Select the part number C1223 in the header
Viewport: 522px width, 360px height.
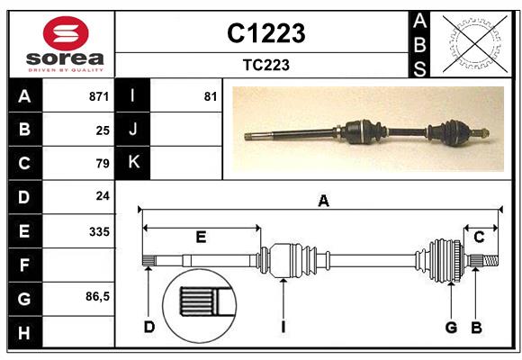265,33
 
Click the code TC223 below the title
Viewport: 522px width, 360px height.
265,65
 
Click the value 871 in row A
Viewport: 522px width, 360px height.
99,96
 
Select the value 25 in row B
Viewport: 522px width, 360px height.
103,130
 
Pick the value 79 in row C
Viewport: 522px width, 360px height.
103,164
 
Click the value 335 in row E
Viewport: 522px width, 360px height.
99,231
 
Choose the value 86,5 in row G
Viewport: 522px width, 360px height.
97,297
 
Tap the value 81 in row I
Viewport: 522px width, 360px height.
211,96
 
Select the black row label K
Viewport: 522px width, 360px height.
133,163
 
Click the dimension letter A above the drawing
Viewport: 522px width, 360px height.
323,202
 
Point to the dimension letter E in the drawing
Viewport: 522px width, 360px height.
201,237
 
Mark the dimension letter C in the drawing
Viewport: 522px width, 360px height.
479,237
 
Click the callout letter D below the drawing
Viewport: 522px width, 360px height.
149,327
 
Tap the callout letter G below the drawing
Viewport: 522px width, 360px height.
451,327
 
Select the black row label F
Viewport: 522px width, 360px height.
24,265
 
